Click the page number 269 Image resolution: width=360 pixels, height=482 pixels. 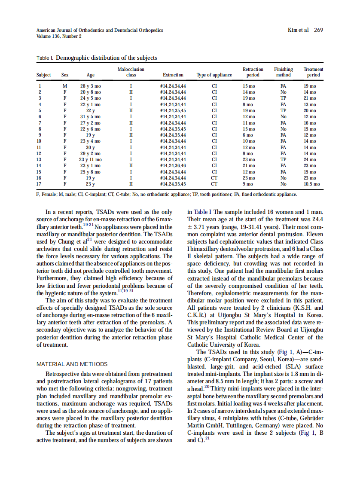(x=318, y=30)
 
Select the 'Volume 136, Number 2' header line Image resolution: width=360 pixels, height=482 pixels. (x=59, y=36)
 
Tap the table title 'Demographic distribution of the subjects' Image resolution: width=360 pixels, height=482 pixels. (x=107, y=58)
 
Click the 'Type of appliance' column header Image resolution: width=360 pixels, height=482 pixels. (x=214, y=75)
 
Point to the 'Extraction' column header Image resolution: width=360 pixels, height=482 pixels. (x=173, y=75)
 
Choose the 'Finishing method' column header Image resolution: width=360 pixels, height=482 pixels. (x=283, y=72)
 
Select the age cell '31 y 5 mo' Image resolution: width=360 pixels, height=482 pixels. (x=91, y=116)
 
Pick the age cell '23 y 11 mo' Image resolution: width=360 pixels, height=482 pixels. (x=91, y=159)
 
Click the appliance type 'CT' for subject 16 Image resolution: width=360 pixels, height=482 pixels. (x=214, y=177)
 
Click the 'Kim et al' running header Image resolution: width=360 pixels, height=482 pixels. (x=297, y=30)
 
